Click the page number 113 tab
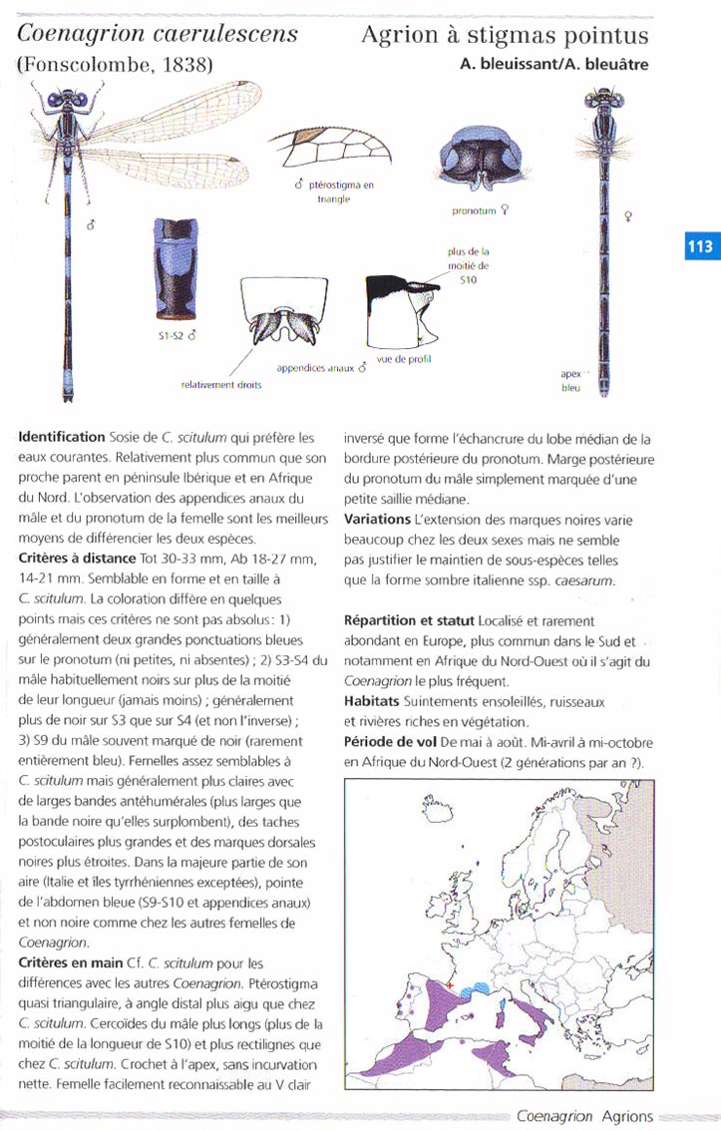tap(700, 246)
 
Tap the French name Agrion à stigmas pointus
tap(505, 36)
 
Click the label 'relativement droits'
tap(220, 385)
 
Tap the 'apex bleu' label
tap(570, 382)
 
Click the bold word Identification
tap(61, 437)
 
